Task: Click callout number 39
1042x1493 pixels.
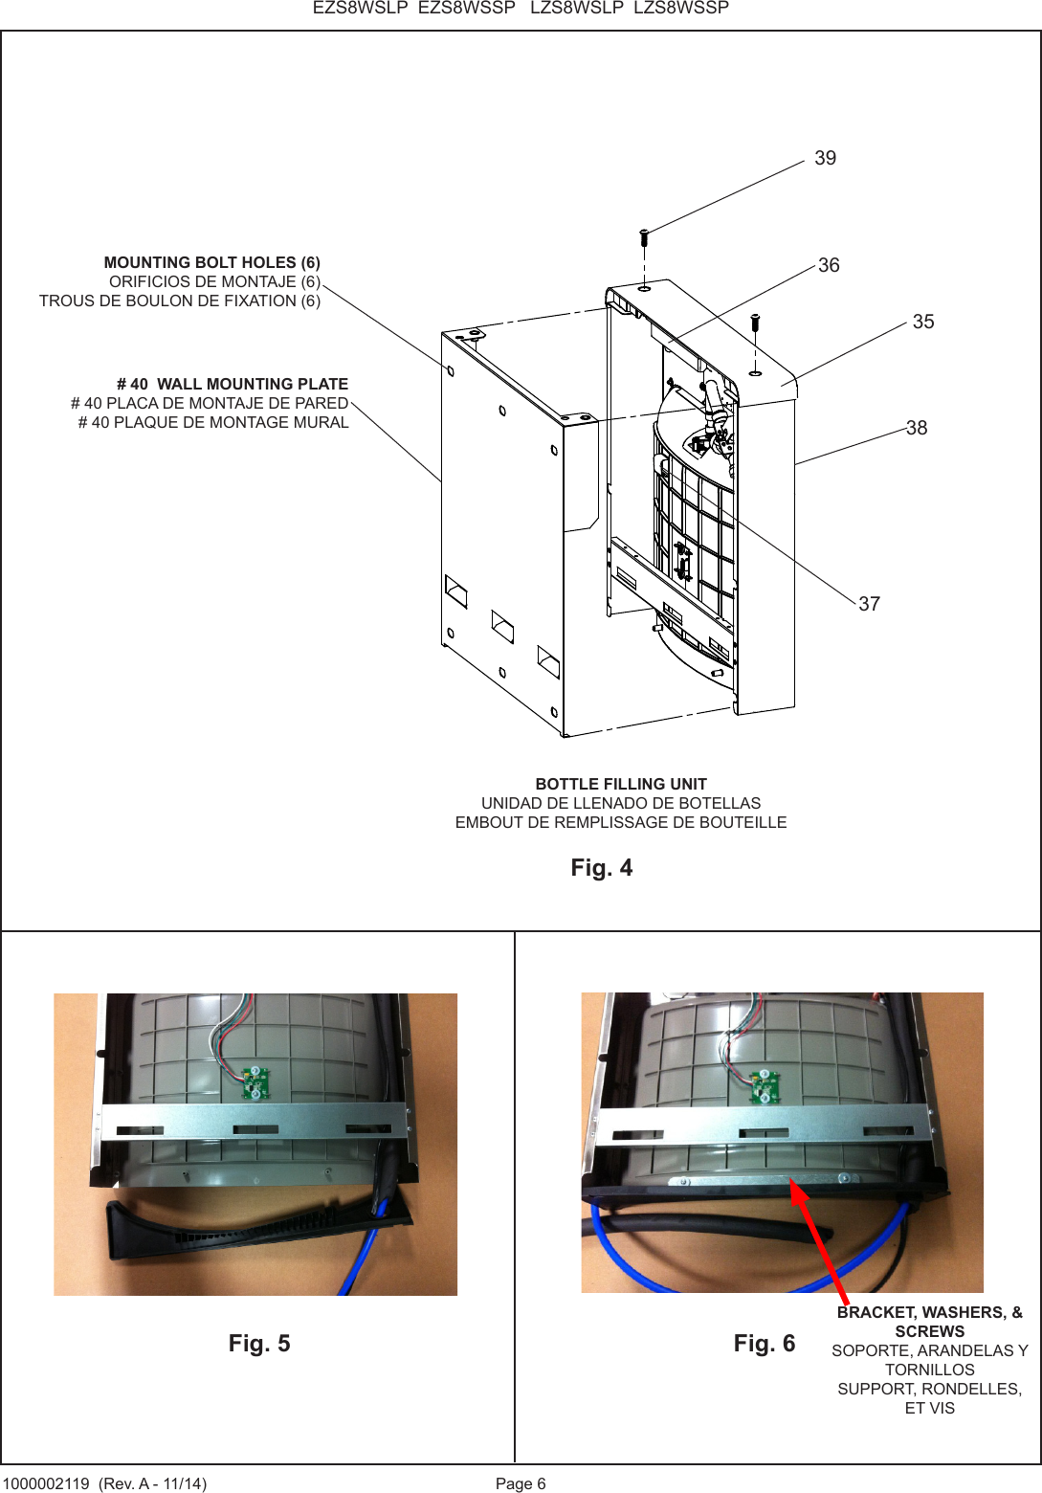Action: pyautogui.click(x=825, y=158)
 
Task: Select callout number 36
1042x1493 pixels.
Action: pyautogui.click(x=829, y=265)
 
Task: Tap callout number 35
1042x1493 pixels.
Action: pyautogui.click(x=922, y=322)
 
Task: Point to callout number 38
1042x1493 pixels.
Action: pyautogui.click(x=916, y=428)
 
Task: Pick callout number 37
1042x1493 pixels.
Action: pyautogui.click(x=869, y=604)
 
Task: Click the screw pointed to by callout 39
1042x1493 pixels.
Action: pyautogui.click(x=644, y=234)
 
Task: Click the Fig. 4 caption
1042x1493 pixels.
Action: pyautogui.click(x=601, y=867)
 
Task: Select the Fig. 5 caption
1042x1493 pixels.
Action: pyautogui.click(x=258, y=1343)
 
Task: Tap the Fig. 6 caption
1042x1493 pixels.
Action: pyautogui.click(x=764, y=1343)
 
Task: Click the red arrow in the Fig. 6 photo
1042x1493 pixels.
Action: pyautogui.click(x=818, y=1240)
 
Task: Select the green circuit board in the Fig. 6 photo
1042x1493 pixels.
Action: pyautogui.click(x=764, y=1085)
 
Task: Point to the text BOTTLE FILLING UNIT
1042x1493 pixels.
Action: pyautogui.click(x=620, y=784)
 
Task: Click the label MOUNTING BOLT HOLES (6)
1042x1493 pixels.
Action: pyautogui.click(x=211, y=262)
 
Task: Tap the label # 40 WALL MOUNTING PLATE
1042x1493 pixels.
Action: pyautogui.click(x=232, y=384)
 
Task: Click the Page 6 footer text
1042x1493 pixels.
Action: pyautogui.click(x=521, y=1483)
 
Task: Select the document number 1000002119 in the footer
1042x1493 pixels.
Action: pyautogui.click(x=46, y=1483)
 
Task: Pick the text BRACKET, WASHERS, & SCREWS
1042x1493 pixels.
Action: pyautogui.click(x=929, y=1322)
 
